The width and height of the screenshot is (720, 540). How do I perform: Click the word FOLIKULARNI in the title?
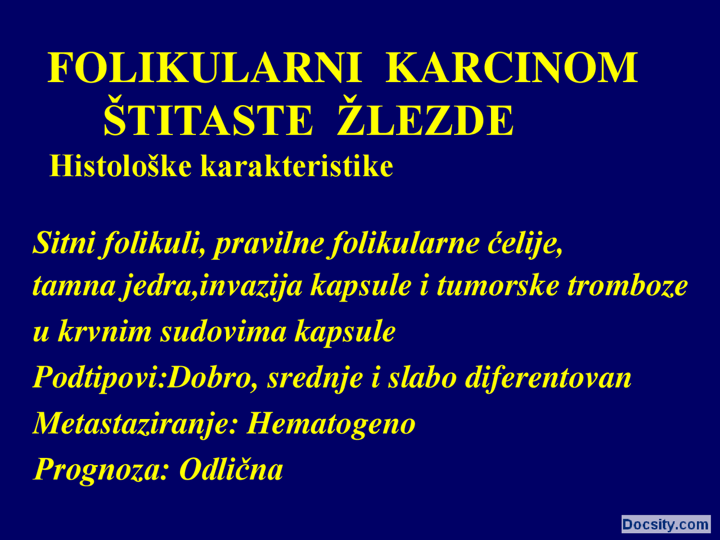[x=204, y=68]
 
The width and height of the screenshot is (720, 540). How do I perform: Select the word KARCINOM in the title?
[x=511, y=68]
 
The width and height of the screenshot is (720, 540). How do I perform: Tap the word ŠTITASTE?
[x=208, y=120]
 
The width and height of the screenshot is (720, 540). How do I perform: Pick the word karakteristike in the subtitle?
[x=296, y=166]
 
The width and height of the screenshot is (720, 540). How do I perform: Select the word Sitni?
[x=64, y=243]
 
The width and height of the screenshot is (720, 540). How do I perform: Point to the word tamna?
[x=73, y=286]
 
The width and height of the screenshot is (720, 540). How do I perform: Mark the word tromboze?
[x=627, y=286]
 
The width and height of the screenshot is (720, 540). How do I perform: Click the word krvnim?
[x=105, y=332]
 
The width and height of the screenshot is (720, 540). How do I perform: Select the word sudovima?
[x=223, y=332]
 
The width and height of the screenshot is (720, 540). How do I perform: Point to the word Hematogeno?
[x=331, y=423]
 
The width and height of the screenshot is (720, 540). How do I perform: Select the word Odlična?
[x=231, y=469]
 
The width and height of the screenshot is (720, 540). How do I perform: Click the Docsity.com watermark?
[x=665, y=524]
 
